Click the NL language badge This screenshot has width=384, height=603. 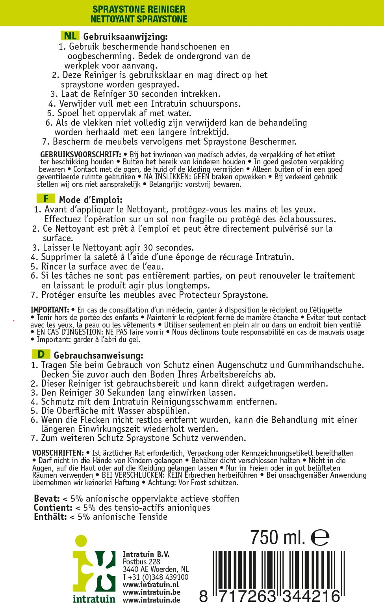[x=70, y=35]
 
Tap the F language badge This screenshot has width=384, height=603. [x=46, y=199]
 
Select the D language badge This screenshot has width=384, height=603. [x=41, y=354]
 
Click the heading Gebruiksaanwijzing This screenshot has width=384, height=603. [x=125, y=37]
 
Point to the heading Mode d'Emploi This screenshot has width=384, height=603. [x=91, y=200]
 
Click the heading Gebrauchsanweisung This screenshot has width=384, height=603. [x=98, y=355]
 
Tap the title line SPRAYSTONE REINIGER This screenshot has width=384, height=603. [x=139, y=9]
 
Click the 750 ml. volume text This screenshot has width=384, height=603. [x=278, y=537]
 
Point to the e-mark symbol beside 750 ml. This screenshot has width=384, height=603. [x=320, y=537]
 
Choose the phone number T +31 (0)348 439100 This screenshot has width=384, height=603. [x=156, y=577]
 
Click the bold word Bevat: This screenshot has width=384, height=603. [x=47, y=499]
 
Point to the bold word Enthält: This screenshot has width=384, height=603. [x=50, y=517]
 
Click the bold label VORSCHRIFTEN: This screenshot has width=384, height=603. [x=58, y=453]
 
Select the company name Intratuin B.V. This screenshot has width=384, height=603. [x=146, y=554]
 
